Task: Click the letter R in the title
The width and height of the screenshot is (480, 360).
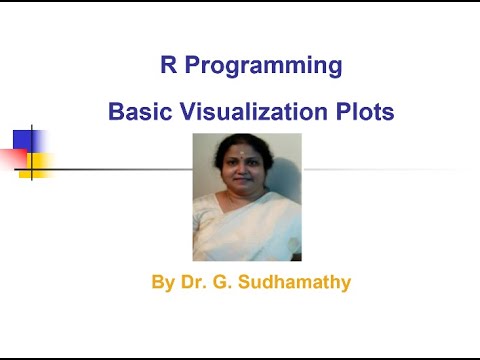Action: [x=168, y=67]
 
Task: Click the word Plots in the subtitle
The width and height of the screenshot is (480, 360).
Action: [x=363, y=113]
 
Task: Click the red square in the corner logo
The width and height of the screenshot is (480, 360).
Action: [x=12, y=157]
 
